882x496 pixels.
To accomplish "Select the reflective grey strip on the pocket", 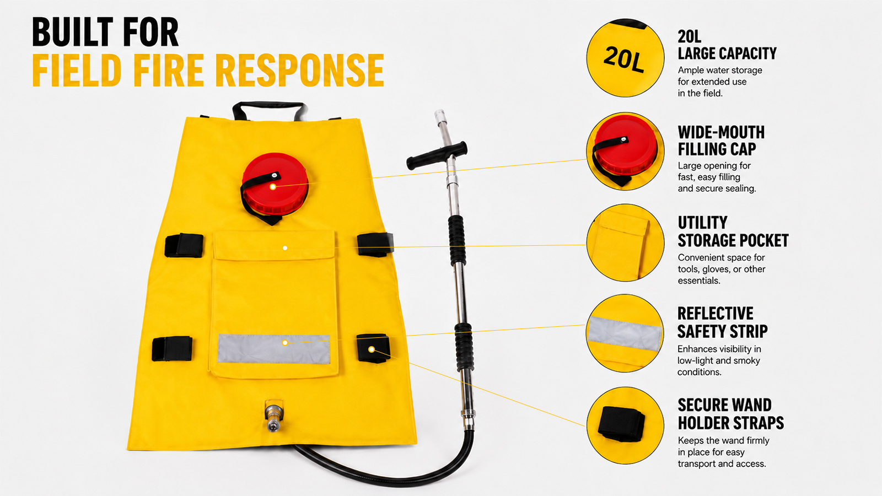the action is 274,349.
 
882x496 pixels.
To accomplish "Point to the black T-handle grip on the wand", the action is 437,155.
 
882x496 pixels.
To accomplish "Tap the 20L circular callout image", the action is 625,58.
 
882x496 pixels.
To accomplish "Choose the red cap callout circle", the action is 625,151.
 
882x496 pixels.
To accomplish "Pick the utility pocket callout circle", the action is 625,243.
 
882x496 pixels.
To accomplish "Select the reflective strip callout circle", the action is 625,333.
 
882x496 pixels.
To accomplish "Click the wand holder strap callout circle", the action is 625,425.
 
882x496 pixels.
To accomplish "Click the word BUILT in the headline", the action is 73,32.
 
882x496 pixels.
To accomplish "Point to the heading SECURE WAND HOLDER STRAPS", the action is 731,414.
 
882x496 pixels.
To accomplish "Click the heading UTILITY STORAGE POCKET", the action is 733,231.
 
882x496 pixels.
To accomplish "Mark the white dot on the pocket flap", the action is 285,248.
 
